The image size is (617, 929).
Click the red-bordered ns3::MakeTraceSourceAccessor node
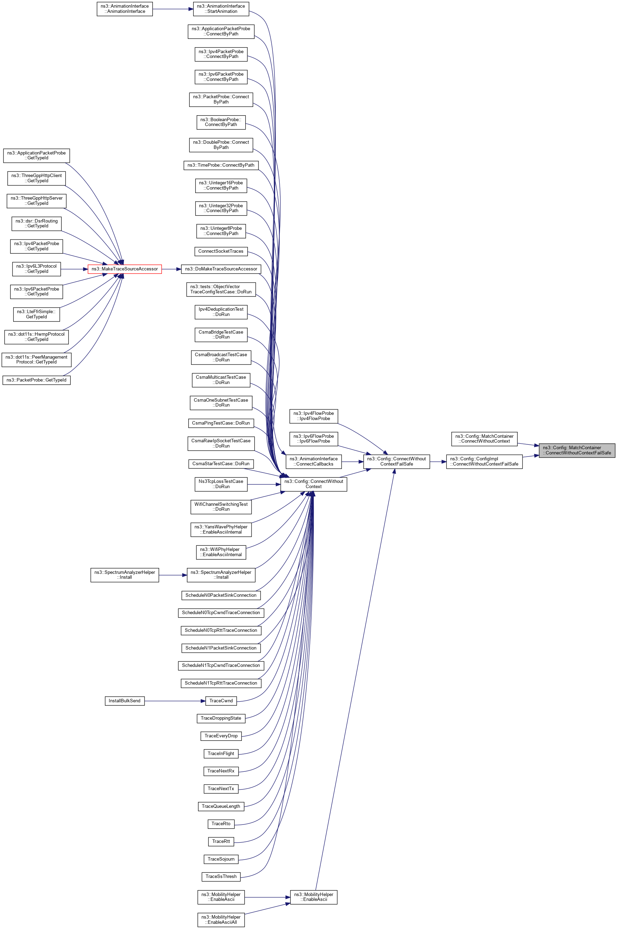(124, 269)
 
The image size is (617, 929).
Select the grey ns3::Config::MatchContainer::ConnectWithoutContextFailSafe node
(576, 450)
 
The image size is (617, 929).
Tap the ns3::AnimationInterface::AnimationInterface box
(124, 9)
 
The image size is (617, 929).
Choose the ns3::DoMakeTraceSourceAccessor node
(221, 269)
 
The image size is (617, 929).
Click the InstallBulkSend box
(124, 701)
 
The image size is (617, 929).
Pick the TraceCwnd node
(221, 701)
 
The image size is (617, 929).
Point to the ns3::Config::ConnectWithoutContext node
(313, 484)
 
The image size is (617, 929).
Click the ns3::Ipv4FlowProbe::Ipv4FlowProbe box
(313, 416)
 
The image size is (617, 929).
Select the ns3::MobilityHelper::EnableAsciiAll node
(221, 920)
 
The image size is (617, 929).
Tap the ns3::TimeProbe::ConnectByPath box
(221, 165)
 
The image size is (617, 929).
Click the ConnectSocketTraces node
(221, 251)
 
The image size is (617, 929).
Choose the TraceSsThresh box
(221, 876)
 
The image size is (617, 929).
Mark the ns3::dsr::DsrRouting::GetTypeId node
(36, 223)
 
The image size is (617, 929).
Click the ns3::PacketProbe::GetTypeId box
(36, 380)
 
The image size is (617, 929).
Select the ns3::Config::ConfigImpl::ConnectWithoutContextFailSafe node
(484, 462)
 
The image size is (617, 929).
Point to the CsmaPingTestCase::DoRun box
(221, 423)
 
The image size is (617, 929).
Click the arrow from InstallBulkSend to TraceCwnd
(175, 701)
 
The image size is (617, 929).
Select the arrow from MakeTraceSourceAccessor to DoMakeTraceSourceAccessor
(171, 269)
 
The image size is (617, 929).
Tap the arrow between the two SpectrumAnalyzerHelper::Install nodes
(173, 575)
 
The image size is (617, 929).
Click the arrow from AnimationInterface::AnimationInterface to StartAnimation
(173, 9)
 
